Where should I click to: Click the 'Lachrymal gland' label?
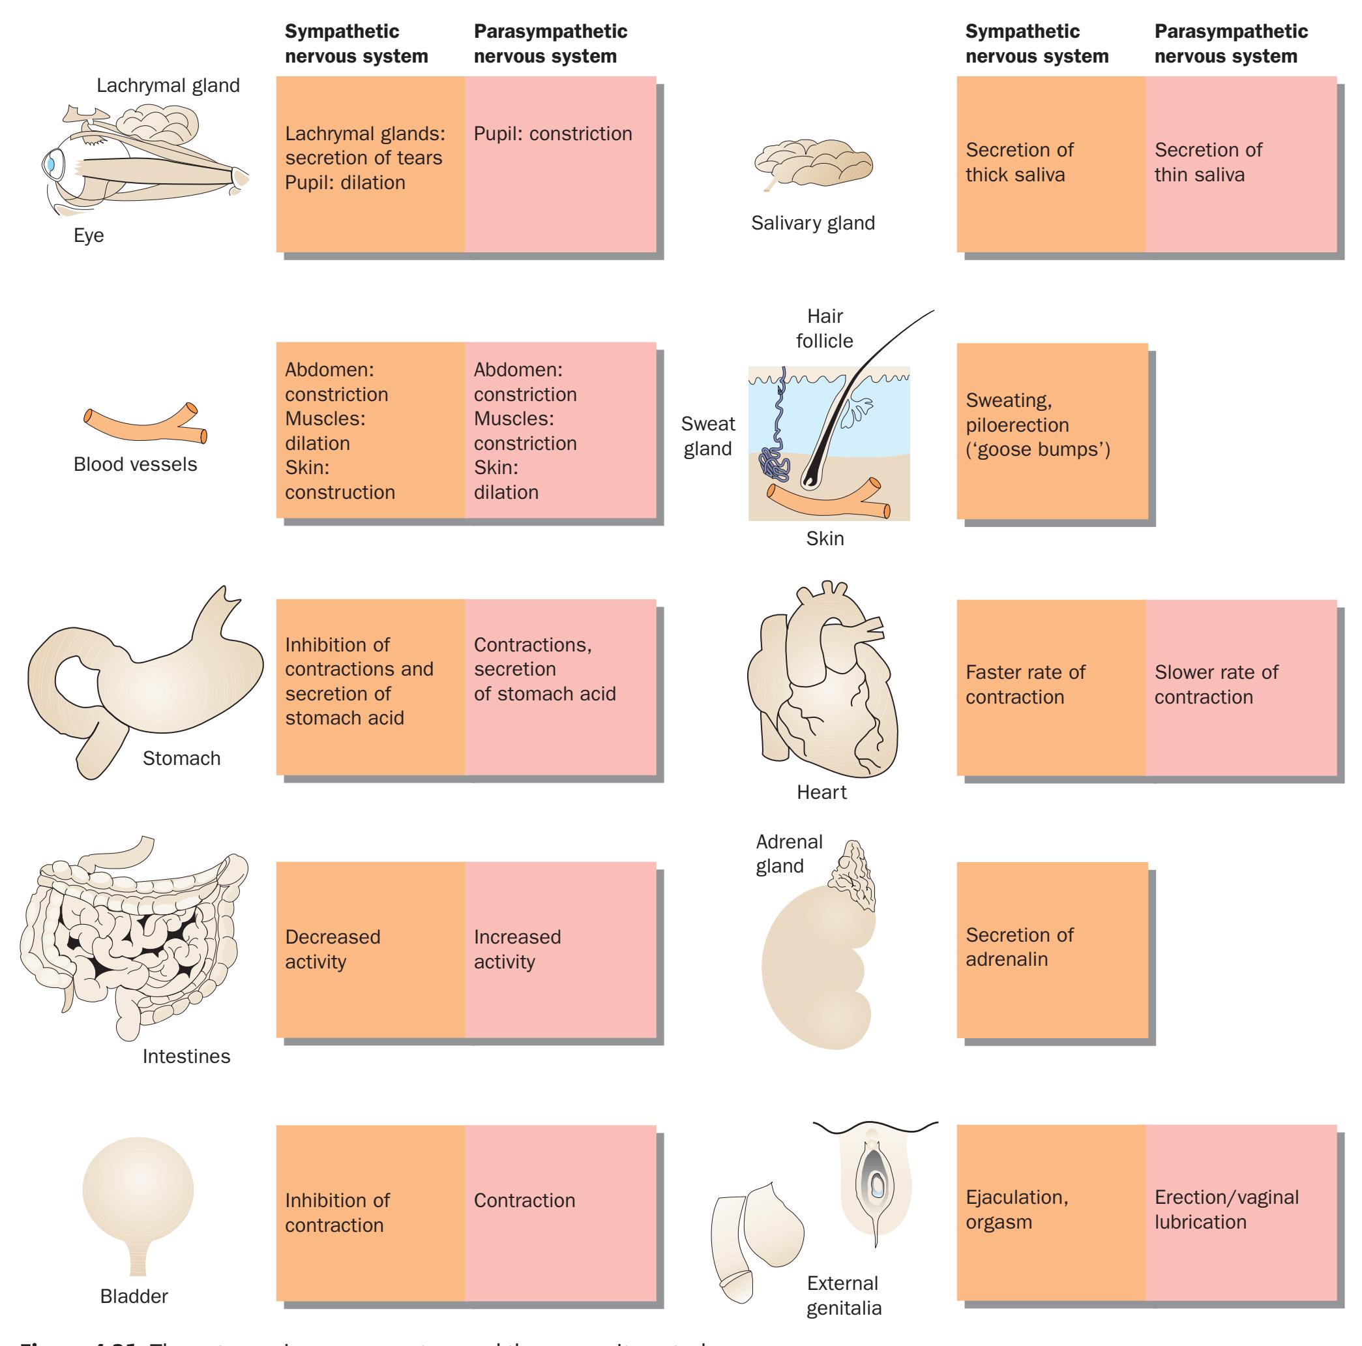click(168, 85)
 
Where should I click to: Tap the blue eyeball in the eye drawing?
click(52, 164)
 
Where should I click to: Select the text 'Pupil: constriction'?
click(553, 134)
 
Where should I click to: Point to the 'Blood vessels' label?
click(136, 464)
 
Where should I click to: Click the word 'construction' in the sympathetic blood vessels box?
click(340, 492)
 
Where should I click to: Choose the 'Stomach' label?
click(181, 758)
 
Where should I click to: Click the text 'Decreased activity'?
click(332, 949)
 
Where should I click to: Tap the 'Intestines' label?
click(186, 1056)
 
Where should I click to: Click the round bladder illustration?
click(138, 1191)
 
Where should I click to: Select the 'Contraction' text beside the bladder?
click(524, 1200)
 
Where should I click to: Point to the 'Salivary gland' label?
click(813, 223)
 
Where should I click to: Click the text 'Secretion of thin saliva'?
click(1207, 162)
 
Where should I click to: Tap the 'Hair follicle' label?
click(824, 329)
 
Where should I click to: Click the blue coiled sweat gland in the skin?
click(775, 462)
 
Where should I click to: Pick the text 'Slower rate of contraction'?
click(1216, 685)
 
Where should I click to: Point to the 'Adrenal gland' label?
click(788, 854)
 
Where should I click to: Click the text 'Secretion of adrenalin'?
click(1020, 947)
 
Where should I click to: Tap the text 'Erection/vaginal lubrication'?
click(1226, 1209)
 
